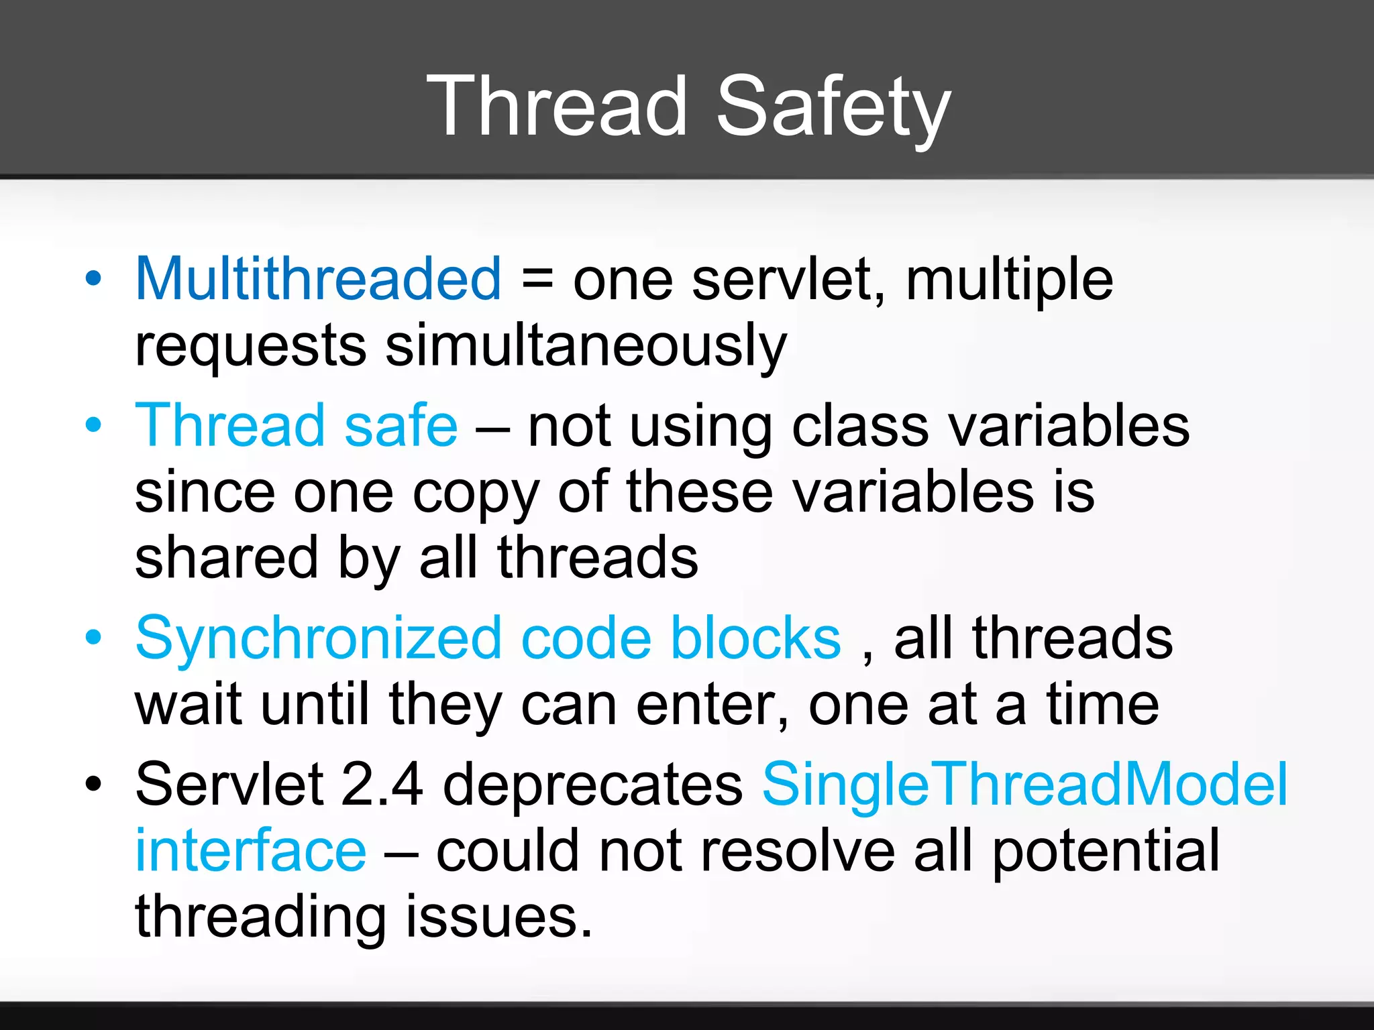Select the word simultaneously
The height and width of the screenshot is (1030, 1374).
click(x=586, y=346)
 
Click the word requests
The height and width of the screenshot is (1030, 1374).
click(x=251, y=346)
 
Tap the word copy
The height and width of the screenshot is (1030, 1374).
click(x=476, y=493)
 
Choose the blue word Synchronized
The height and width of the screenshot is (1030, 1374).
click(x=318, y=638)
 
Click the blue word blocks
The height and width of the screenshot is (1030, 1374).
click(x=755, y=638)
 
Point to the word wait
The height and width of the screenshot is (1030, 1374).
click(x=188, y=705)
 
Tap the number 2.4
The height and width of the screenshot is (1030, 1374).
click(x=382, y=784)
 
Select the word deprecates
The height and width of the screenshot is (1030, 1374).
click(x=592, y=784)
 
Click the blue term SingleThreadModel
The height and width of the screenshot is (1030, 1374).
click(x=1024, y=784)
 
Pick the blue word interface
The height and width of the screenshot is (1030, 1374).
click(x=251, y=850)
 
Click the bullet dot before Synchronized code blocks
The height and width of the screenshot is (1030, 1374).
click(x=94, y=638)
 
